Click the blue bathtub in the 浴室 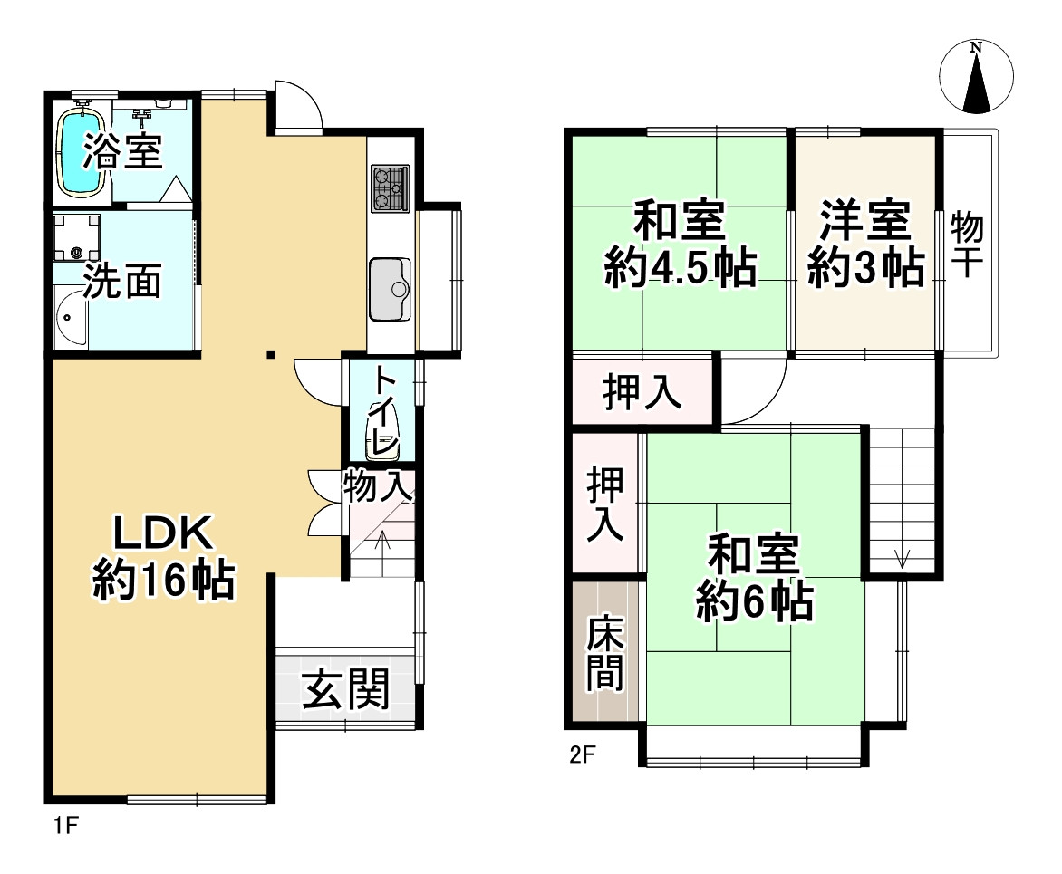coord(79,151)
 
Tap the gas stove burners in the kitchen coord(390,187)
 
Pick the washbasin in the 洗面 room coord(69,318)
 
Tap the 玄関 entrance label coord(345,690)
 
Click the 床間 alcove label coord(604,653)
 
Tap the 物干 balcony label coord(969,244)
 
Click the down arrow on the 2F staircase coord(902,557)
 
